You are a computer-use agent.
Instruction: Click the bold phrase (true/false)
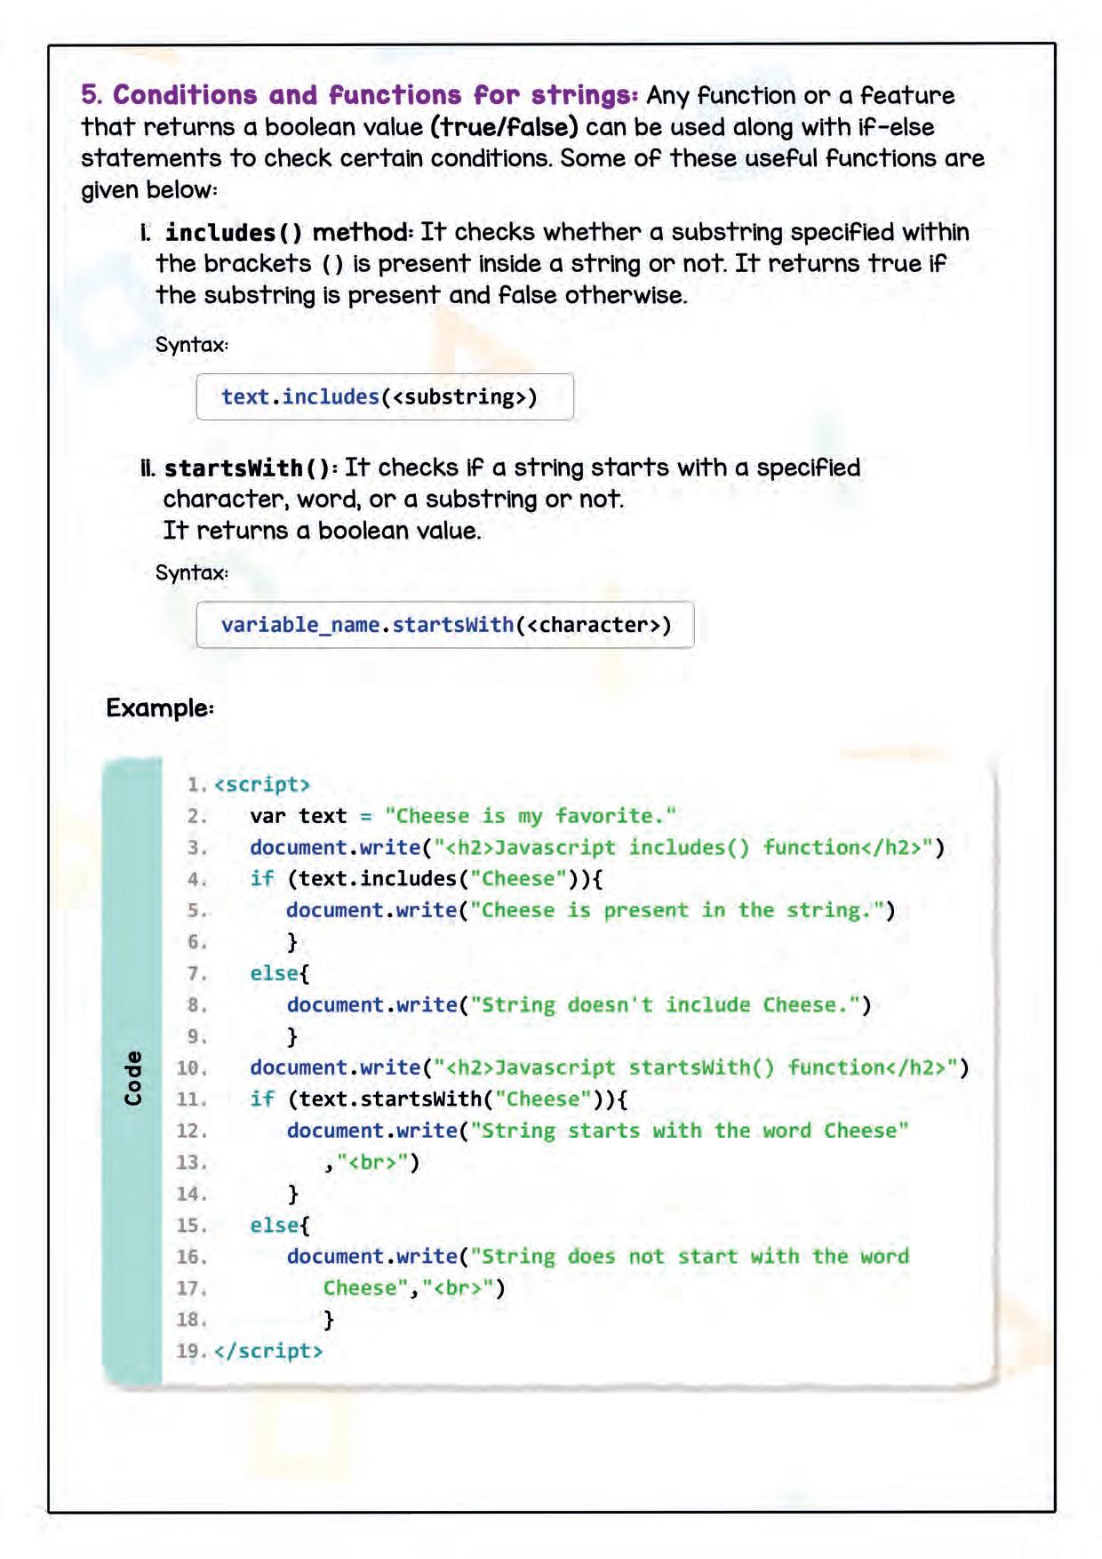coord(504,127)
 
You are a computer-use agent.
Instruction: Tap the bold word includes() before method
coord(234,233)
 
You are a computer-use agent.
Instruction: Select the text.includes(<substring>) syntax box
coord(385,396)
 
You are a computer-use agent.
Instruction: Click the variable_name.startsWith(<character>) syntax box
coord(445,625)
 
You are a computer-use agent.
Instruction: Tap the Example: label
coord(160,708)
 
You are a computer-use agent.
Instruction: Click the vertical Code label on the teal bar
coord(132,1078)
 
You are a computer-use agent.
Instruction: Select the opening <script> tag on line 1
coord(262,785)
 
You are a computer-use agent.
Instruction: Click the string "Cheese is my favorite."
coord(531,816)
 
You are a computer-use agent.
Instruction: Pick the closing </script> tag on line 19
coord(268,1351)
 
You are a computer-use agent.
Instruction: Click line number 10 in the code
coord(190,1067)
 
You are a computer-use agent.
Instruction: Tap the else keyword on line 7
coord(274,973)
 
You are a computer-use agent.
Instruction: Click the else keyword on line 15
coord(274,1226)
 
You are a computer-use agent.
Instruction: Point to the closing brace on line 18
coord(329,1320)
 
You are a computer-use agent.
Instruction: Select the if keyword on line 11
coord(262,1099)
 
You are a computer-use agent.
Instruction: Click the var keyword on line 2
coord(268,816)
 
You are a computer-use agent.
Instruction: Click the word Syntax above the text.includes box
coord(190,345)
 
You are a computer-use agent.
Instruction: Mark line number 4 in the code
coord(196,879)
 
